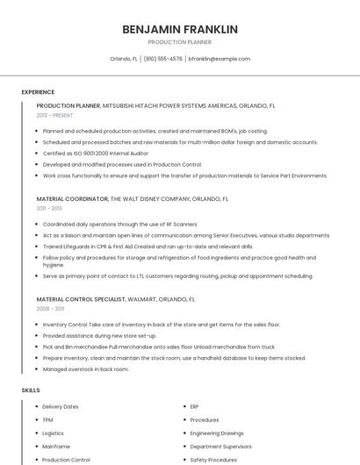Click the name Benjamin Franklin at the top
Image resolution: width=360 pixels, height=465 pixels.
point(180,29)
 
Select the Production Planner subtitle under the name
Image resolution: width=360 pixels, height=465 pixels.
point(180,42)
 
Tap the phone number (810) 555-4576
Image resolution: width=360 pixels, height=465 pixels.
point(163,59)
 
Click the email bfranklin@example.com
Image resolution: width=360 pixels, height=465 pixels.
point(220,59)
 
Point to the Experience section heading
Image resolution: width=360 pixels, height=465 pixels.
point(38,92)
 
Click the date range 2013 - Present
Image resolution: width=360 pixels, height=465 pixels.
point(54,115)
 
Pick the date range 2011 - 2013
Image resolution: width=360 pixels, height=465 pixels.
point(49,209)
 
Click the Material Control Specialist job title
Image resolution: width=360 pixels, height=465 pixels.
point(80,299)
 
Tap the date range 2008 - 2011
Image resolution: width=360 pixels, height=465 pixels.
point(49,309)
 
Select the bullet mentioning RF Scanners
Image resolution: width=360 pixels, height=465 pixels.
point(120,224)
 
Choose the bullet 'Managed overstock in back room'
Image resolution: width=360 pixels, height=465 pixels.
point(86,369)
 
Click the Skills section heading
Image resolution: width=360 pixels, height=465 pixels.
point(30,390)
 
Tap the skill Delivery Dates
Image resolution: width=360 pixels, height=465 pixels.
point(61,407)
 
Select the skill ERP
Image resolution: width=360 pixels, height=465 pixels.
point(195,407)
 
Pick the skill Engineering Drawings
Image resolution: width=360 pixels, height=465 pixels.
point(217,433)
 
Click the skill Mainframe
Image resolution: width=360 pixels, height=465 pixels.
point(56,447)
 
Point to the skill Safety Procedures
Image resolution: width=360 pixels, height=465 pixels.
point(213,460)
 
